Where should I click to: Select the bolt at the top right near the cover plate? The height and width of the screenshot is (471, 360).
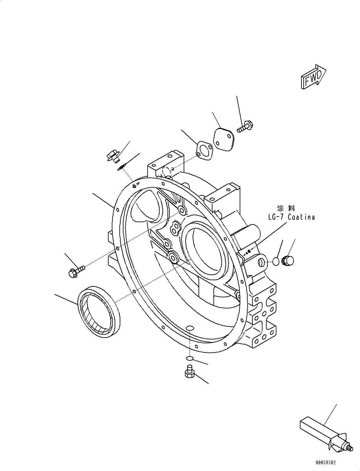point(245,127)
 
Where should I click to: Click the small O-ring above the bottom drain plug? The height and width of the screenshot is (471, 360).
point(189,358)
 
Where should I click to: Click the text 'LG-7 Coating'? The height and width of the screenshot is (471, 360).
point(291,217)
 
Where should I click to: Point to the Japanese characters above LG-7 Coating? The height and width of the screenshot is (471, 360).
point(286,208)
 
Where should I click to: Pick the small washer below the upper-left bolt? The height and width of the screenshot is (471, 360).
point(121,167)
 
